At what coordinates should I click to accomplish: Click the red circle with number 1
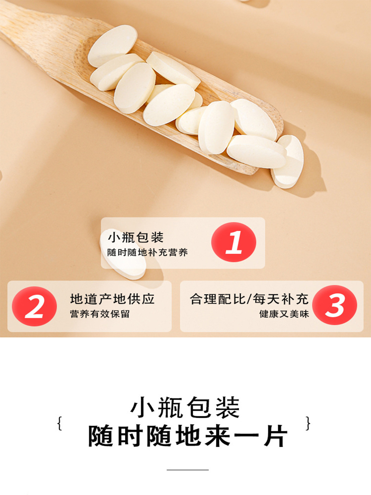(233, 242)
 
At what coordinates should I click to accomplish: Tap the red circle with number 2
(34, 306)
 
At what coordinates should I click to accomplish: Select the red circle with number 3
(334, 305)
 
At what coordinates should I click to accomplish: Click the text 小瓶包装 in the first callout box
(136, 237)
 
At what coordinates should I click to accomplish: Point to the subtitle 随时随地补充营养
(147, 252)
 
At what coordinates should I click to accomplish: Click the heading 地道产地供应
(112, 299)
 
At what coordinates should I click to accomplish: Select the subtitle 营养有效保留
(100, 314)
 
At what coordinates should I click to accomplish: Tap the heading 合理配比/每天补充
(249, 299)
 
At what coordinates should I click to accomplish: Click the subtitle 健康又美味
(284, 314)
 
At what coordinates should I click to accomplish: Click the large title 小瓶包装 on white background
(185, 408)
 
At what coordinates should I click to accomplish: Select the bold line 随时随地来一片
(188, 436)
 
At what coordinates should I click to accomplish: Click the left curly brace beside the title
(60, 423)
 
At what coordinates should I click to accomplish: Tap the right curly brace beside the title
(308, 423)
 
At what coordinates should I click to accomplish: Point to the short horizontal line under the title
(187, 470)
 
